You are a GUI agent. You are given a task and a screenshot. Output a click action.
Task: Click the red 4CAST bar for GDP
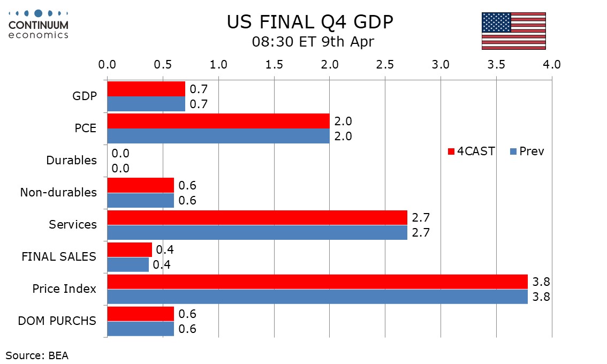pos(146,89)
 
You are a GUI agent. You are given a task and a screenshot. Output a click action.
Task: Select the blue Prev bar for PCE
pos(218,136)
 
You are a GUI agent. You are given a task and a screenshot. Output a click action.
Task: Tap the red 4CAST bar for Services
pos(257,217)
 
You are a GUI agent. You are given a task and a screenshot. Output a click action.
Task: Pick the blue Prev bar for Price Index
pos(317,297)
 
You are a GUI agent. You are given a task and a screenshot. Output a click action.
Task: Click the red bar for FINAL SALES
pos(130,249)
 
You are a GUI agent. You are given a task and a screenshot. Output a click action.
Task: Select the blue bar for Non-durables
pos(141,200)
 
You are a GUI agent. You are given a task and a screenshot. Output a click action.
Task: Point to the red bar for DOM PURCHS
pos(141,314)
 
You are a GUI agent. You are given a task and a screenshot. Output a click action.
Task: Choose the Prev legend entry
pos(527,151)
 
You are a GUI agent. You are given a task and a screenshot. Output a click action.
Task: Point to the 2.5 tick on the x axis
pos(385,65)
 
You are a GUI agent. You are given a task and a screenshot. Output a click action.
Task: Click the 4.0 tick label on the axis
pos(551,65)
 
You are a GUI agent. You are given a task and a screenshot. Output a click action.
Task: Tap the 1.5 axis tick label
pos(274,65)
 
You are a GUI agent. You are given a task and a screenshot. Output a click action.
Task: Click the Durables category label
pos(72,160)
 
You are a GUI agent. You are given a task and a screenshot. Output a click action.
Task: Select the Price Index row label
pos(64,289)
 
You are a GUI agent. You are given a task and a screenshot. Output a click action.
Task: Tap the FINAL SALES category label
pos(59,257)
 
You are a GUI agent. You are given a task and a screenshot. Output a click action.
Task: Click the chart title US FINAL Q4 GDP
pos(310,22)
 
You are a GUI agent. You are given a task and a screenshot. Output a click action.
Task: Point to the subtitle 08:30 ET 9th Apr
pos(313,42)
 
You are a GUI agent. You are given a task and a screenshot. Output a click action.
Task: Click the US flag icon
pos(513,31)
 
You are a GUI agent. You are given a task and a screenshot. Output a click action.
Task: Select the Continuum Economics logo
pos(39,24)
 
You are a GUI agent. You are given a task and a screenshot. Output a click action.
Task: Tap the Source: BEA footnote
pos(37,355)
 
